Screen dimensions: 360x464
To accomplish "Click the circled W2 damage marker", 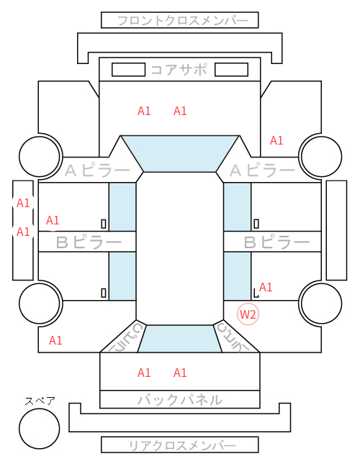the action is click(248, 314).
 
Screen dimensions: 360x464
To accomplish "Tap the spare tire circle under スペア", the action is click(40, 428).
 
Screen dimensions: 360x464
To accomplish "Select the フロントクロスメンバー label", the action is click(182, 21).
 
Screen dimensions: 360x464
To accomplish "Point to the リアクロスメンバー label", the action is click(182, 445).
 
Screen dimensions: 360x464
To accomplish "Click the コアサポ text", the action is click(179, 70).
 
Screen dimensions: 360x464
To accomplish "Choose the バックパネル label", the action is click(180, 400).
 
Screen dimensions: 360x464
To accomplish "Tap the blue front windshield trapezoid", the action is click(180, 153).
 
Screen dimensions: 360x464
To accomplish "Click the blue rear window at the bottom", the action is click(180, 339).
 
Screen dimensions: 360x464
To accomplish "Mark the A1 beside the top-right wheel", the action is click(276, 140).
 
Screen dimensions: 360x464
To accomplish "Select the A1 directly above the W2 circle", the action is click(266, 287).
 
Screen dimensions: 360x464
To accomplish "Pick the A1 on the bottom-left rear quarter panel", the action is click(55, 340).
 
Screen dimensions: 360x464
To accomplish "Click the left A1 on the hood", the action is click(144, 111).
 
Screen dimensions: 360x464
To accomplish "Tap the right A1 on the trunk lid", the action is click(180, 373).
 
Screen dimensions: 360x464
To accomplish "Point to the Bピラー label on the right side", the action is click(276, 242).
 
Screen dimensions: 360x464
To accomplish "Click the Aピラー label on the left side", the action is click(97, 170).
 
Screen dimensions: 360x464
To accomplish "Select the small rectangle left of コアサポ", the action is click(128, 70).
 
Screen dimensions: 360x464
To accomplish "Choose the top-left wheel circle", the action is click(40, 156).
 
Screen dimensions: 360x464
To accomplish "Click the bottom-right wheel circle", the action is click(322, 303).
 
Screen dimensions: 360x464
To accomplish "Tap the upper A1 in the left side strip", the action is click(23, 204).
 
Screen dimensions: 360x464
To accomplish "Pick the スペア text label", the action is click(40, 401).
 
